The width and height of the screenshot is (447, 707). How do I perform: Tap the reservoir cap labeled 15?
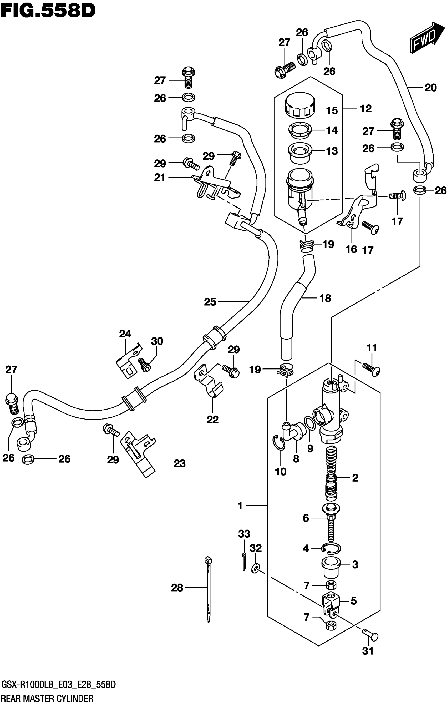300,105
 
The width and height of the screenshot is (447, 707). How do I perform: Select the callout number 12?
366,109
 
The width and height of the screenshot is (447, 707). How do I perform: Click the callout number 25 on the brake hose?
210,302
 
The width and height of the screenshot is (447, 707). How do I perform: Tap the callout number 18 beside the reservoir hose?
325,298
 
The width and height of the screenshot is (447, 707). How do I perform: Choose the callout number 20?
430,88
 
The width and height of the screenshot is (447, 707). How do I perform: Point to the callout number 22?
212,420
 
